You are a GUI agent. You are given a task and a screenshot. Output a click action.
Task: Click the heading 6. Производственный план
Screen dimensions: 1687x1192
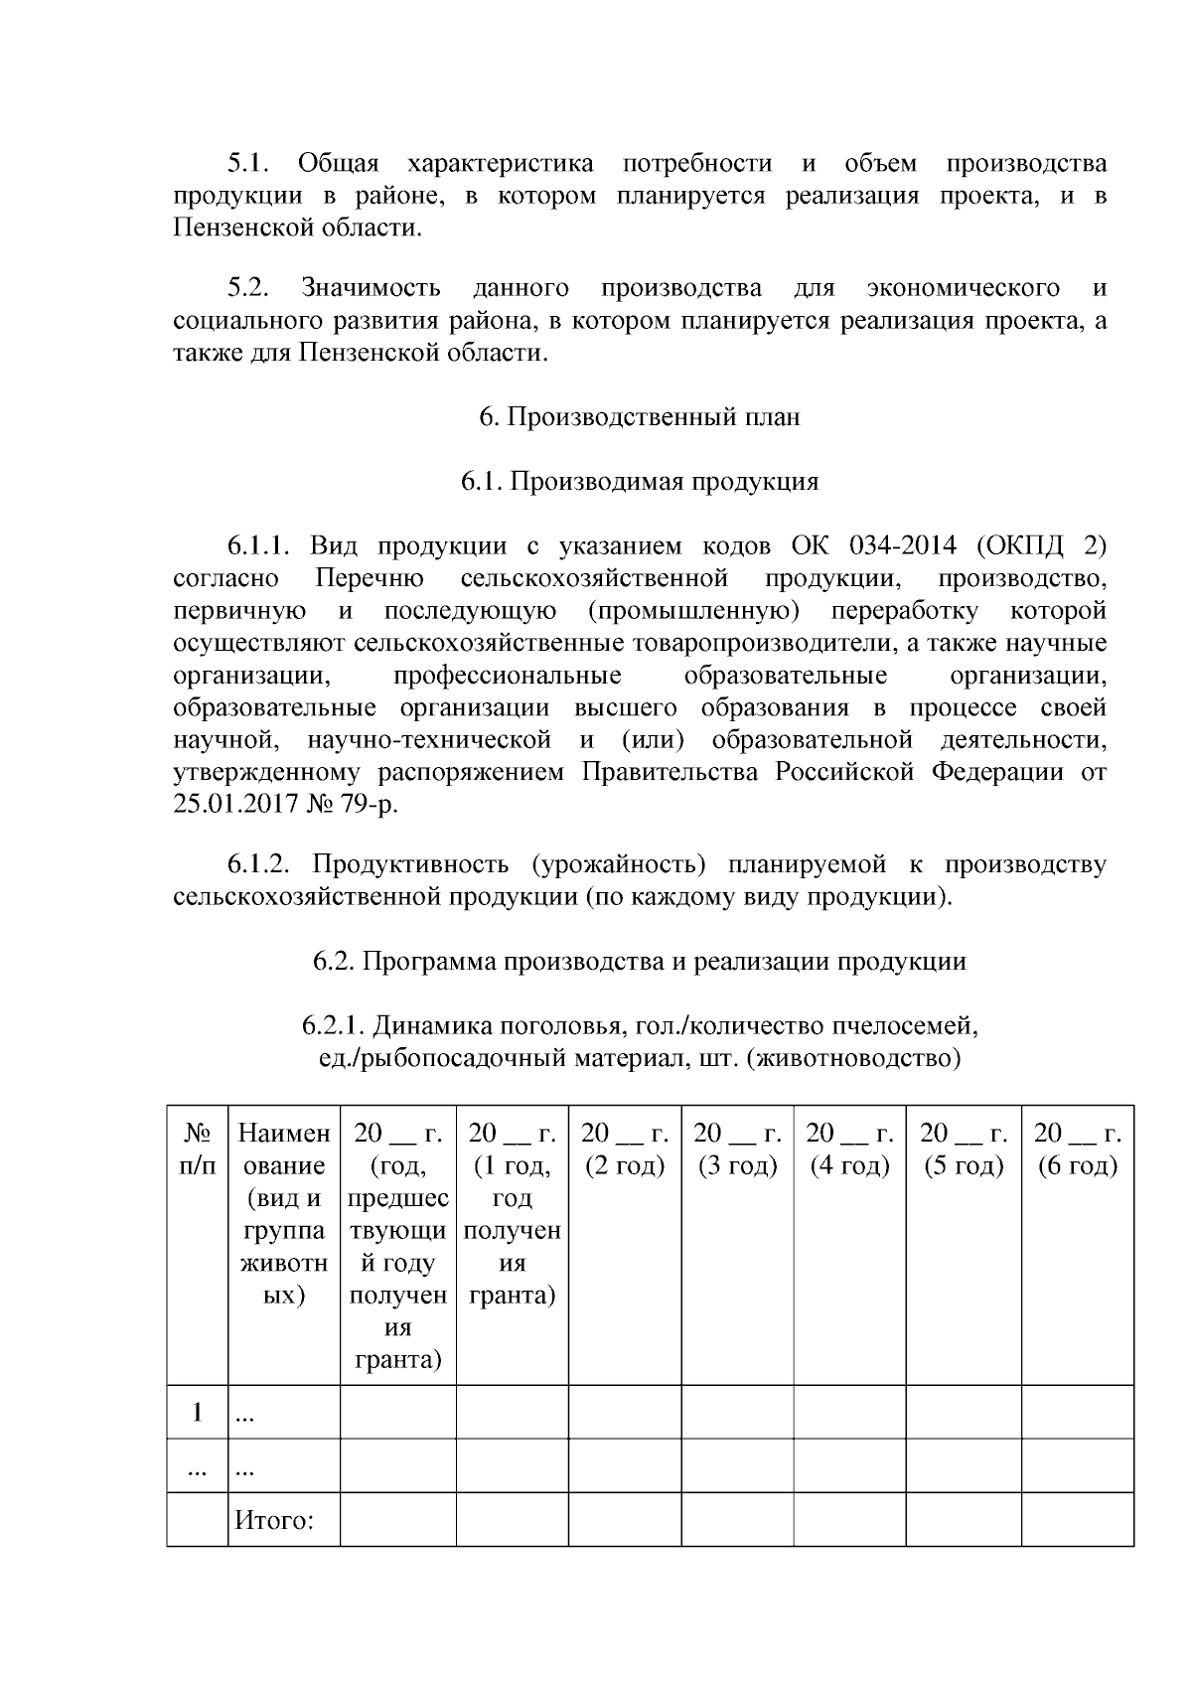coord(639,417)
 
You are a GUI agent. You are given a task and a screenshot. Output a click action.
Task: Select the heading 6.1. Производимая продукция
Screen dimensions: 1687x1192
coord(639,482)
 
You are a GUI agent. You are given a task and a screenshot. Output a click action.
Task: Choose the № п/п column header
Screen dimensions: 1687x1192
coord(197,1150)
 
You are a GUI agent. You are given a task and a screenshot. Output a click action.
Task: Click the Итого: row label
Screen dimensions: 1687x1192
coord(274,1520)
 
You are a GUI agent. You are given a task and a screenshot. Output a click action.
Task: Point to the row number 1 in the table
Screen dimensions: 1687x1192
coord(197,1412)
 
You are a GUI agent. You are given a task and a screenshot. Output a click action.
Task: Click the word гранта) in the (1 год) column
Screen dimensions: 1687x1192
coord(512,1296)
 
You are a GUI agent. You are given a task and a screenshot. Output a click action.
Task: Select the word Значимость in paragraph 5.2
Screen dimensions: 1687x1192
coord(371,289)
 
